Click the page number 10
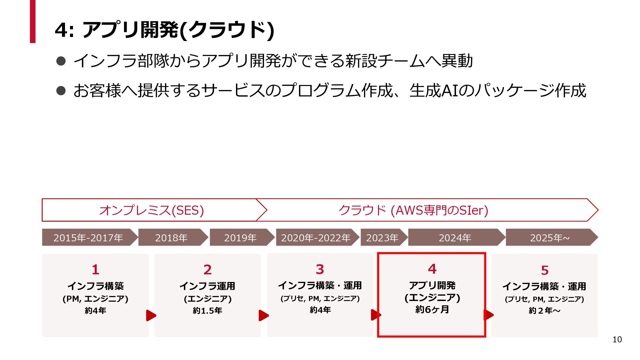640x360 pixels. coord(617,339)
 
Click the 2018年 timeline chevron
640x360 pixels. coord(171,237)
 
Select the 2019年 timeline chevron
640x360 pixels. coord(240,237)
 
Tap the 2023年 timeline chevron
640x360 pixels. coord(382,237)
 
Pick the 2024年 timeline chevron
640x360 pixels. coord(455,237)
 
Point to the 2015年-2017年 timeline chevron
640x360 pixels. coord(88,237)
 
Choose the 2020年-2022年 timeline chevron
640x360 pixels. coord(316,237)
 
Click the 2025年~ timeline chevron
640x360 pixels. coord(550,237)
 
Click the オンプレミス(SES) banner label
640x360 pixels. coord(151,210)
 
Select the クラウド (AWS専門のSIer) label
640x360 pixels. coord(413,210)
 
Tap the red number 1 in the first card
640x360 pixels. coord(95,269)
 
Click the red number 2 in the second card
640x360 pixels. coord(207,269)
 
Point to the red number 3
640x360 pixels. coord(320,269)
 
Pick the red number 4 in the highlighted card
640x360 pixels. coord(432,269)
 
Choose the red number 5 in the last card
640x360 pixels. coord(545,270)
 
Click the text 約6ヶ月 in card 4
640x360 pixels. coord(432,309)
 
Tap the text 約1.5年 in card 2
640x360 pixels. coord(207,310)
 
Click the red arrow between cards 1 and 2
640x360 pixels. coord(151,315)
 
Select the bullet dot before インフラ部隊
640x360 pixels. coord(61,61)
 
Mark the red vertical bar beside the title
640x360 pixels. coord(32,21)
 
